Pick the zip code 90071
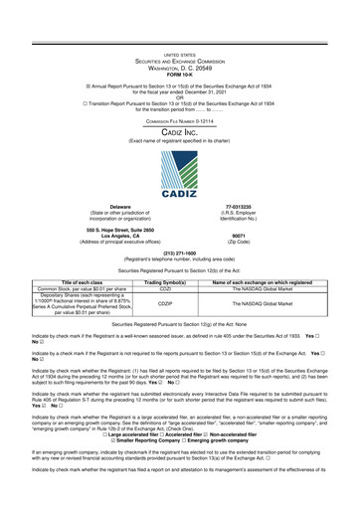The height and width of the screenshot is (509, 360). tap(267, 236)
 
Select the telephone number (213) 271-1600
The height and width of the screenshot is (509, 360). tap(179, 253)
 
